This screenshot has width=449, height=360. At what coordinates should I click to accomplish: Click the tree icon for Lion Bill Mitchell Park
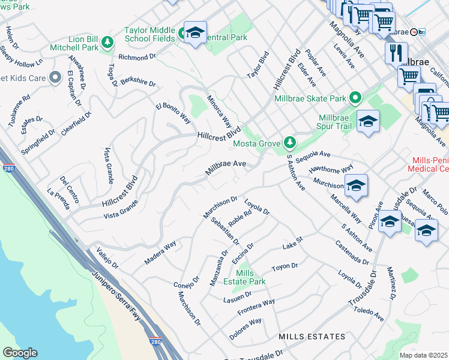pos(107,42)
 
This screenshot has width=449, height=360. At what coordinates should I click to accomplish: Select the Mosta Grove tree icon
pos(291,142)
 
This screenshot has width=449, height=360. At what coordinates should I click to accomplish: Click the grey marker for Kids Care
pos(55,77)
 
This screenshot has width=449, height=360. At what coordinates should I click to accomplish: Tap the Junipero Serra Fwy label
pos(119,295)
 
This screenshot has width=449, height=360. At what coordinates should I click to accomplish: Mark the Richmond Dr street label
pos(137,58)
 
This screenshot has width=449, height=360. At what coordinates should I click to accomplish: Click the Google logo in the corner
pos(20,353)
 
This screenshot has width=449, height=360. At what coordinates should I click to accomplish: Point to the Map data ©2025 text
pos(423,355)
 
